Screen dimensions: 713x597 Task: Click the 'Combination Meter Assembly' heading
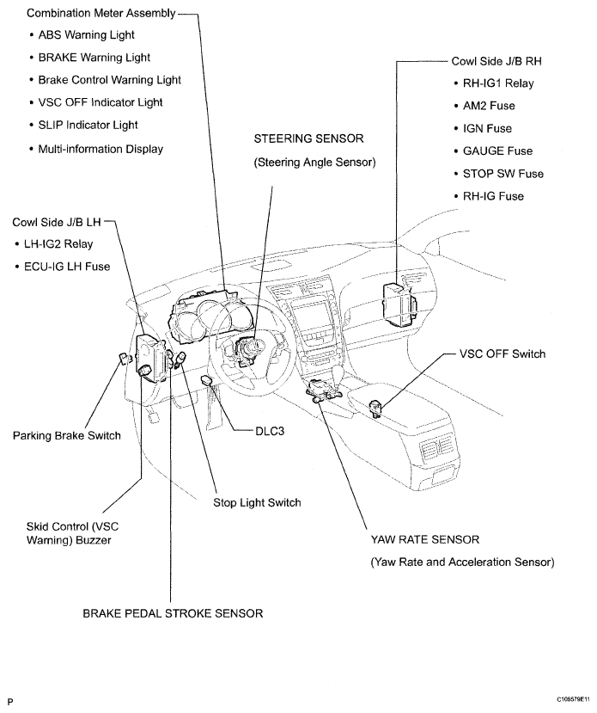tap(101, 13)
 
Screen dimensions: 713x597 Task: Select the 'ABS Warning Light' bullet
tap(86, 35)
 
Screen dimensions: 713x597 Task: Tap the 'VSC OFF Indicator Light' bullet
tap(101, 102)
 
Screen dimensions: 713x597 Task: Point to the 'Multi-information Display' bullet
tap(101, 148)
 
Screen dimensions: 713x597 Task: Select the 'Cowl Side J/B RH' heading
tap(496, 62)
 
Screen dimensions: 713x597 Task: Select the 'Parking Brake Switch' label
tap(66, 435)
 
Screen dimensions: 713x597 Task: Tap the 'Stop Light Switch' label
tap(257, 502)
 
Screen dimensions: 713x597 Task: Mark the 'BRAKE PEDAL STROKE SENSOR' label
tap(172, 613)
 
